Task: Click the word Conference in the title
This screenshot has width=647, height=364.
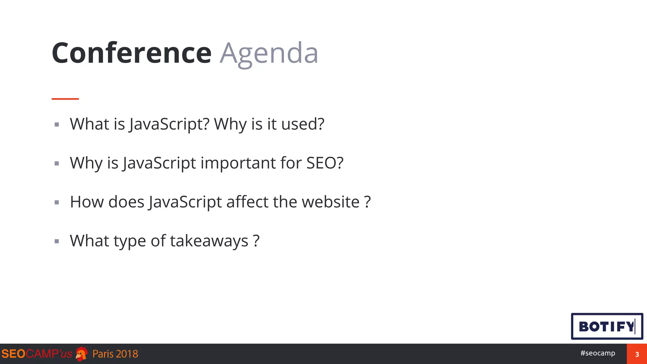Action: pyautogui.click(x=131, y=53)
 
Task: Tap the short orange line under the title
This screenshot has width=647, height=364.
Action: pyautogui.click(x=65, y=99)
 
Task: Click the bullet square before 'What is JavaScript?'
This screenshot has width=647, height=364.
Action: pyautogui.click(x=57, y=125)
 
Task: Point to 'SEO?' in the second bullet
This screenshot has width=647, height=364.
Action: pyautogui.click(x=325, y=163)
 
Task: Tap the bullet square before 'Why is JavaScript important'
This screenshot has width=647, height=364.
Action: pyautogui.click(x=57, y=164)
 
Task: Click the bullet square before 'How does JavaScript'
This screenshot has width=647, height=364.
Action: pyautogui.click(x=57, y=203)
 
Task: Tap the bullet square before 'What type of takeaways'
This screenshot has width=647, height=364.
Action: pyautogui.click(x=57, y=242)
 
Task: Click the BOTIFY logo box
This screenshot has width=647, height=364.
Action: pyautogui.click(x=607, y=326)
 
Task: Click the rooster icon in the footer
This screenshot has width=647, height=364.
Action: pyautogui.click(x=82, y=354)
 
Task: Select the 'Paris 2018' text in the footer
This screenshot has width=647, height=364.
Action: pyautogui.click(x=115, y=354)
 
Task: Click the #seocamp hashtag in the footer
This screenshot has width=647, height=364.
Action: pyautogui.click(x=597, y=353)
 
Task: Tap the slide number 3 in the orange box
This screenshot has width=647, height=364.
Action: pyautogui.click(x=637, y=354)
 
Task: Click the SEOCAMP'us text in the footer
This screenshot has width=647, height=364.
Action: pyautogui.click(x=37, y=354)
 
